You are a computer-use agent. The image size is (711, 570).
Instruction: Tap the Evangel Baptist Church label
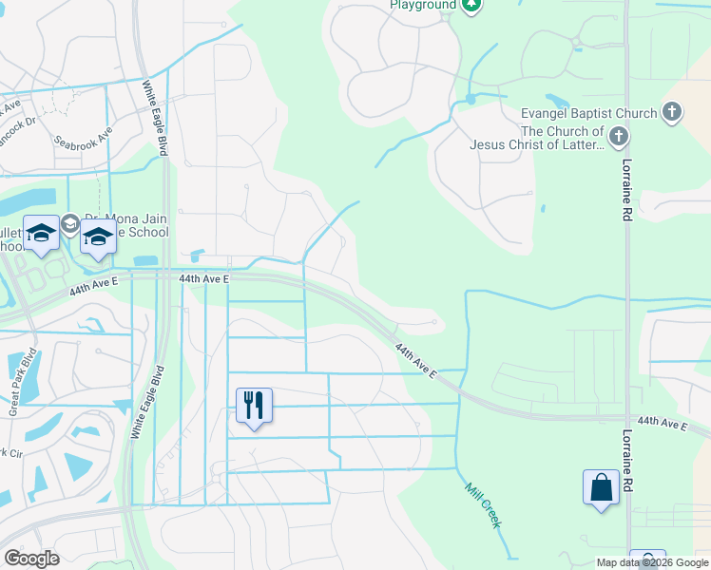589,113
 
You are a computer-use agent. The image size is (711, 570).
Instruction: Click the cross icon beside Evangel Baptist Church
672,113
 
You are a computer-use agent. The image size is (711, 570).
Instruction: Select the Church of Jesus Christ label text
537,138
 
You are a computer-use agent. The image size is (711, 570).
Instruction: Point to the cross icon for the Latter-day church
619,138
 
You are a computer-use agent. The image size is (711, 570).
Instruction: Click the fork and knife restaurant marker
254,406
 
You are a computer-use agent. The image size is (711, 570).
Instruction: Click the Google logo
31,559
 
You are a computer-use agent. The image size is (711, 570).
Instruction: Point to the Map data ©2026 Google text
651,562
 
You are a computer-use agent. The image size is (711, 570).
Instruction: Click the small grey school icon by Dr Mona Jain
69,224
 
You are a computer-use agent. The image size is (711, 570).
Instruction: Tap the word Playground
423,5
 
